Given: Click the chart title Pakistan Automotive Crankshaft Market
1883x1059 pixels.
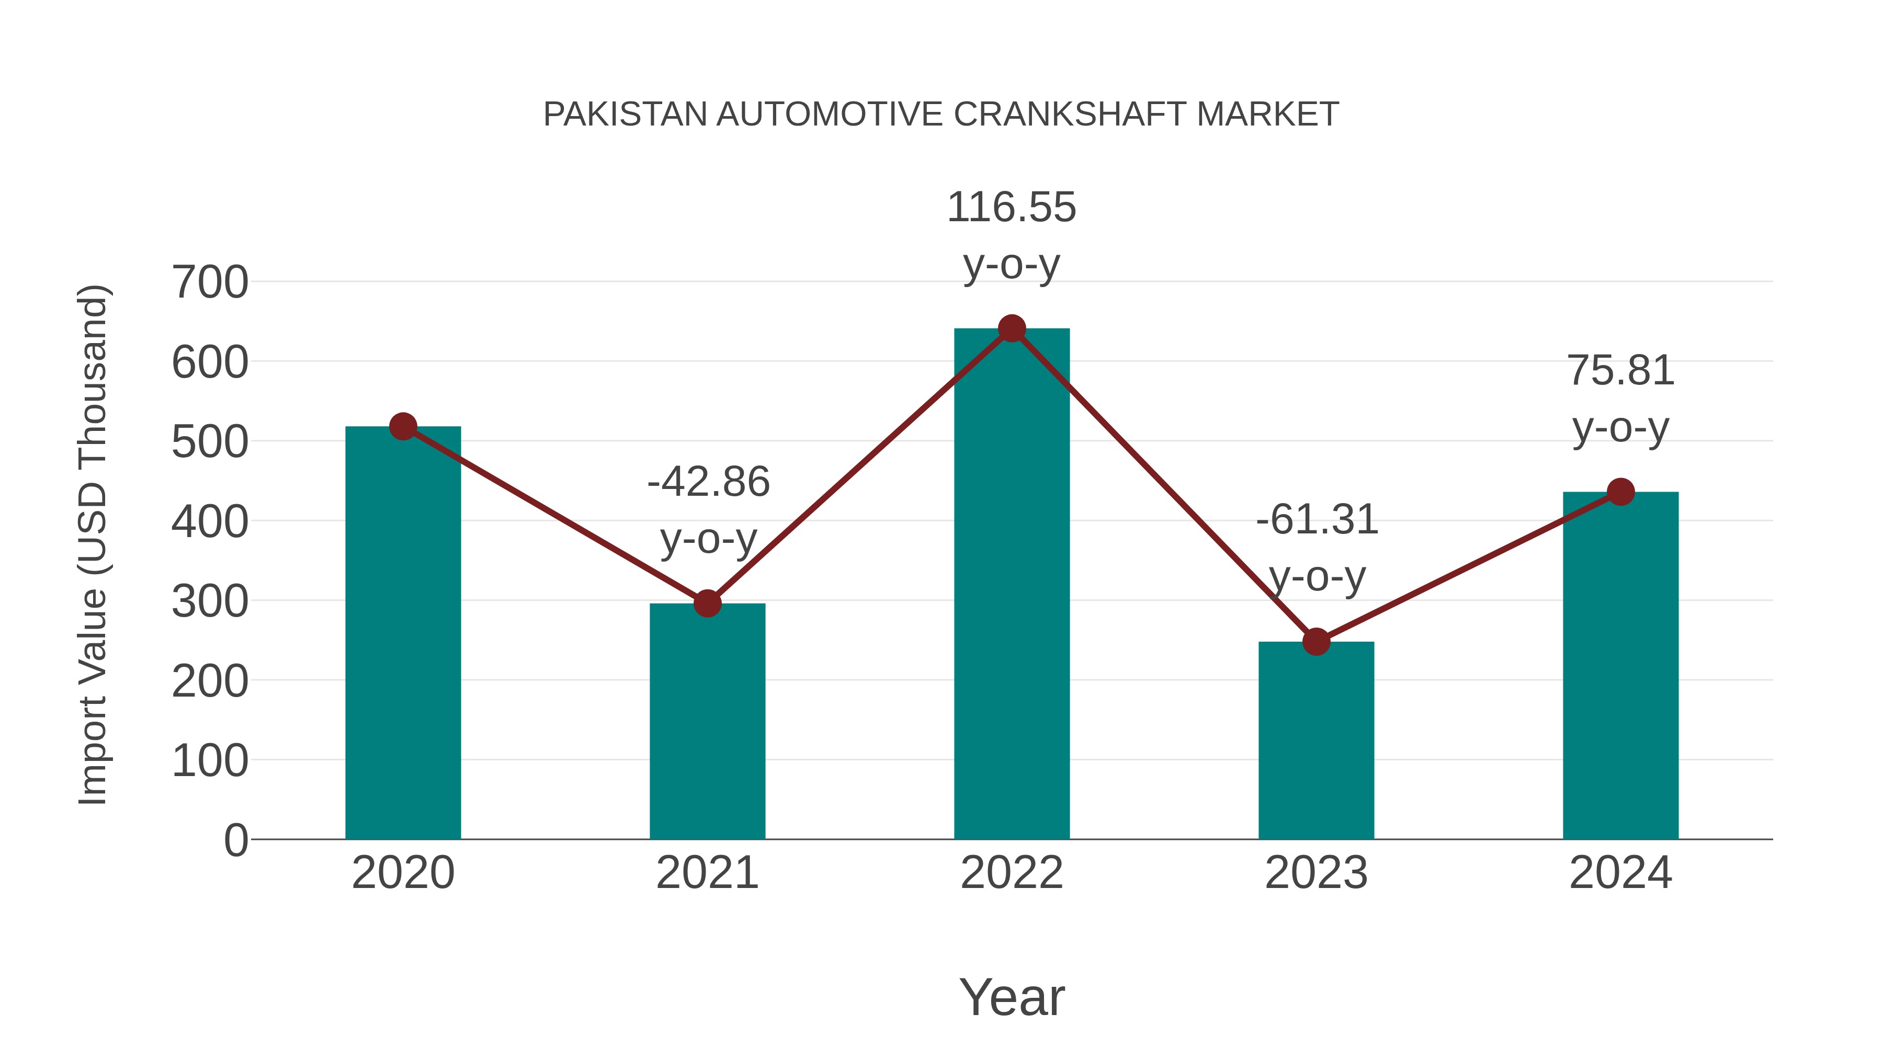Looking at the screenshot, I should (941, 115).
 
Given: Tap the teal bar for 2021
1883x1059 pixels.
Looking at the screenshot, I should (707, 724).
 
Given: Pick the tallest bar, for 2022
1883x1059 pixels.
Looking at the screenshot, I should (1012, 585).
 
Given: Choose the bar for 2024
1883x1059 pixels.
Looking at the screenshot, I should (1620, 665).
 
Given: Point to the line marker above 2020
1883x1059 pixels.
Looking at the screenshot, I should (403, 426).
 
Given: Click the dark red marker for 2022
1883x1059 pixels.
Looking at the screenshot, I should (1012, 329).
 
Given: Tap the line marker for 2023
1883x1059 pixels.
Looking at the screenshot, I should (1316, 642).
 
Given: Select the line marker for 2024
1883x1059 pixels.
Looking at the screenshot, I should (1620, 492).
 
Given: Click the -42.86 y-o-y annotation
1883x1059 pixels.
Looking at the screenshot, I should (708, 509).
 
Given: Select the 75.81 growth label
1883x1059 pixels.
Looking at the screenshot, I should (1620, 398).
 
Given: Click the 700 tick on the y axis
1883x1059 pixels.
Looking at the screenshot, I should (210, 283).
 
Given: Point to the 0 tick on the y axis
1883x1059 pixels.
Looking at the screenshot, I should (235, 840).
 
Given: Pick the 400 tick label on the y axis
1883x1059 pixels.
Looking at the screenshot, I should (210, 522).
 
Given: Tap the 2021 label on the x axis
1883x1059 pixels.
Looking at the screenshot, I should (707, 873).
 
